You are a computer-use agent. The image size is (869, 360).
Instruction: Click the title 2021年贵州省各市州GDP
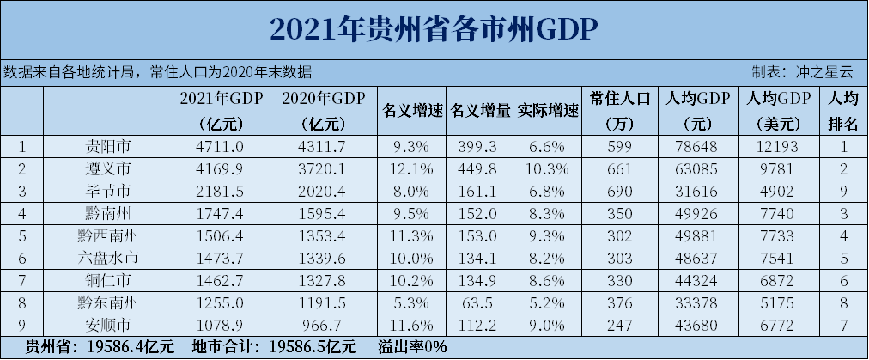pos(433,29)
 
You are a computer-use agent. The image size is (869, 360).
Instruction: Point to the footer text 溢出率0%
pos(411,347)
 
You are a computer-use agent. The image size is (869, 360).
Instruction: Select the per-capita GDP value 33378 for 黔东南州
pos(696,302)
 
